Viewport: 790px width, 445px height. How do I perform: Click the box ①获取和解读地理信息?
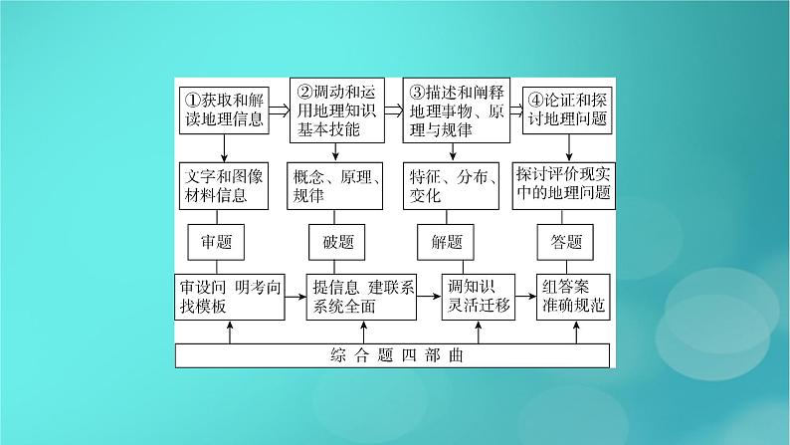224,110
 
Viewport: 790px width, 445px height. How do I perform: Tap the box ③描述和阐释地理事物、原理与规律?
453,110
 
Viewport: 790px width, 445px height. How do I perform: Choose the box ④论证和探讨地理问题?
566,110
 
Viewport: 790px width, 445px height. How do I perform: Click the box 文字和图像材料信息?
224,185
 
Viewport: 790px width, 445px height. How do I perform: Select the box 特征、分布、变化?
453,185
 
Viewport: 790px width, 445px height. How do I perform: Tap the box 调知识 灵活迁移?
481,296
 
